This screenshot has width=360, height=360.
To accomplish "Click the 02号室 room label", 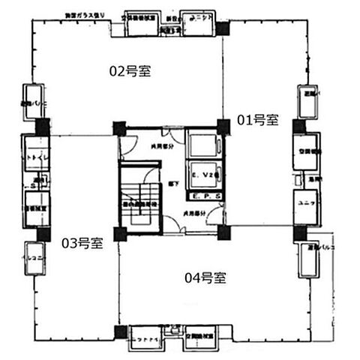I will click(x=130, y=71).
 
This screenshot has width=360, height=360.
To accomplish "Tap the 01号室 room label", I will click(x=258, y=119).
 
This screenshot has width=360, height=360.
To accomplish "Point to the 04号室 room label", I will click(x=205, y=278).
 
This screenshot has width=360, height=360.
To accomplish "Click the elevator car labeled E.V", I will click(x=203, y=175).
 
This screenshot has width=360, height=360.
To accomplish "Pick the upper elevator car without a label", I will click(x=203, y=141).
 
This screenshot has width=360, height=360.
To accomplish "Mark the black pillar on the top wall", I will click(x=223, y=28).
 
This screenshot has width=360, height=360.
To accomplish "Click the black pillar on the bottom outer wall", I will click(x=120, y=331).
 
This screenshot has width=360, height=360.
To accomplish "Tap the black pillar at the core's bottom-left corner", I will click(x=118, y=233).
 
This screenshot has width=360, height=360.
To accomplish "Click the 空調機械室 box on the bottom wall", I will click(x=202, y=339).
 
